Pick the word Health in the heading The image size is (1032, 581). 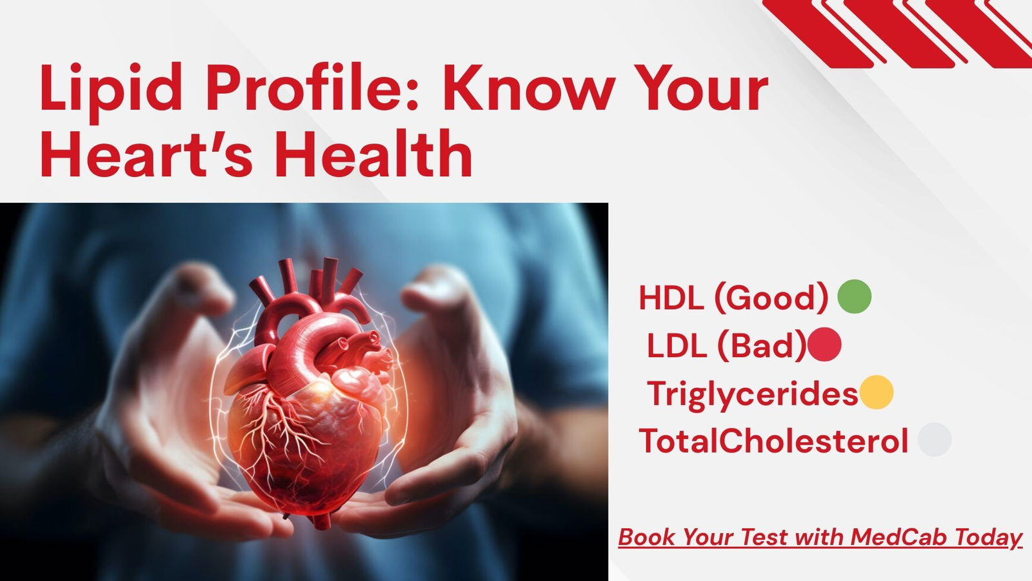[373, 155]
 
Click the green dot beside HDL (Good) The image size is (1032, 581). [854, 297]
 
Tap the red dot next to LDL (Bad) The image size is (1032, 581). [824, 344]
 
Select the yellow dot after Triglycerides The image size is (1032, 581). [877, 392]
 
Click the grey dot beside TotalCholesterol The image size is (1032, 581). [934, 440]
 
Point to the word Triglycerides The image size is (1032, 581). [752, 394]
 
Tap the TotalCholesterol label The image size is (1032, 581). [773, 441]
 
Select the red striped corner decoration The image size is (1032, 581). [903, 32]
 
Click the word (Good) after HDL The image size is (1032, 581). [770, 298]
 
